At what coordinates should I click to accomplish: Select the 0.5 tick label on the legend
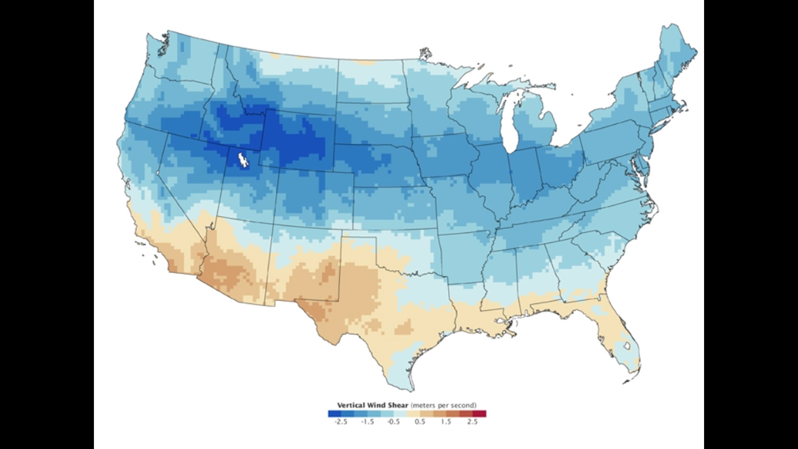[x=420, y=422]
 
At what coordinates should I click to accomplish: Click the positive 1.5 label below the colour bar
[x=446, y=422]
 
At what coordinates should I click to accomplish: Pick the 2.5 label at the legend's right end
[x=473, y=422]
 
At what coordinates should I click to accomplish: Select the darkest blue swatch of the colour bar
[x=334, y=414]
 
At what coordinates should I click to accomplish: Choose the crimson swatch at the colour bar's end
[x=479, y=414]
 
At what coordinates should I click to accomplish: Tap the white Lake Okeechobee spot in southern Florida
[x=624, y=346]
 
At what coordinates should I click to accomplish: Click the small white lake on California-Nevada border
[x=158, y=172]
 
